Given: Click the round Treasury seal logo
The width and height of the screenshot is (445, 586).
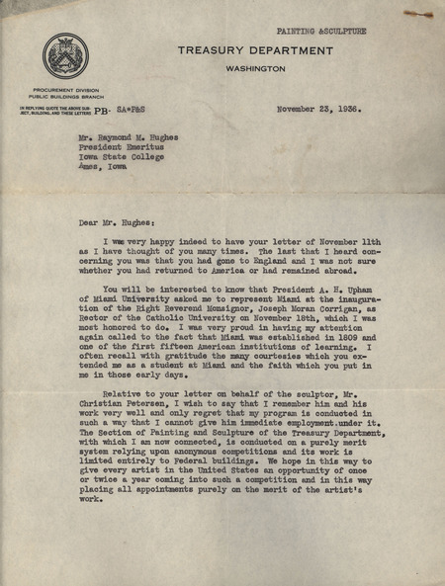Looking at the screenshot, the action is point(65,56).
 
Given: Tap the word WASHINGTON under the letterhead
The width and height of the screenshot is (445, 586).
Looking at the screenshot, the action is point(254,68).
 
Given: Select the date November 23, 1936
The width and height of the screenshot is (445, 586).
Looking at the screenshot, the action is point(319,110).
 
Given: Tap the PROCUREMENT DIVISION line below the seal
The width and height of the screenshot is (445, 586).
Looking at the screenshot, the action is point(65,90).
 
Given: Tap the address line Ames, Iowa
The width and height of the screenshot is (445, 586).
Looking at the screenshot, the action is point(104,167).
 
